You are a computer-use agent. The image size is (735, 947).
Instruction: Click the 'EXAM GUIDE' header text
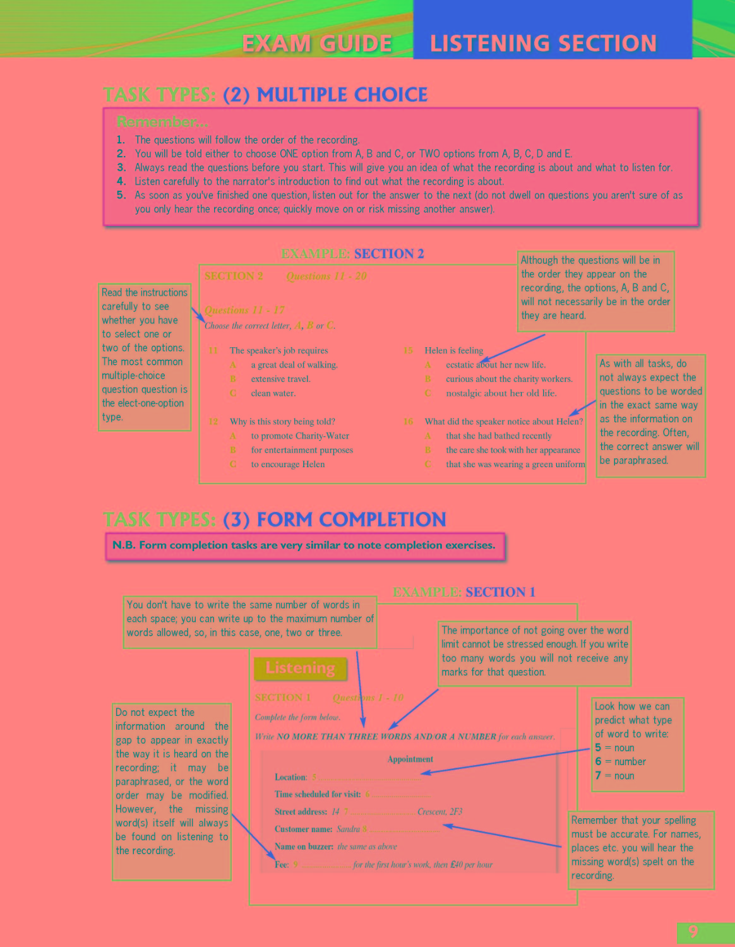click(x=317, y=44)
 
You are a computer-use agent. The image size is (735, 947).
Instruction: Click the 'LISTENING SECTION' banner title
click(x=543, y=44)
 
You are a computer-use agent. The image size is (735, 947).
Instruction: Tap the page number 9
click(x=693, y=932)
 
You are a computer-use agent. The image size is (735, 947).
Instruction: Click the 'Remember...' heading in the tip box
click(x=162, y=122)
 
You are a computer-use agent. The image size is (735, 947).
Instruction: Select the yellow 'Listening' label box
click(x=300, y=668)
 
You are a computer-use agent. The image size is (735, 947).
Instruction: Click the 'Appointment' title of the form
click(x=410, y=759)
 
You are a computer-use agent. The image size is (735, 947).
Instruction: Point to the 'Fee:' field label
click(x=282, y=864)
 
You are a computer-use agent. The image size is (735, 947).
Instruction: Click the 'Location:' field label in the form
click(x=290, y=777)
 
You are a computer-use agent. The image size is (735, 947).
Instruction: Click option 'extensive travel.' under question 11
click(x=280, y=379)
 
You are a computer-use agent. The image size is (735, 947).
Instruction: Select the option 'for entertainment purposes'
click(x=302, y=450)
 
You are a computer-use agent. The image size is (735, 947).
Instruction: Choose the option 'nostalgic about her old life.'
click(x=501, y=393)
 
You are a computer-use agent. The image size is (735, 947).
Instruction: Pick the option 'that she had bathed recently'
click(x=499, y=436)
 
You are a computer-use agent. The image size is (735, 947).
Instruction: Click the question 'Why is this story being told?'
click(x=282, y=421)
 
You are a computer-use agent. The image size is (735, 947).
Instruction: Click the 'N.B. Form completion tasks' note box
click(x=304, y=545)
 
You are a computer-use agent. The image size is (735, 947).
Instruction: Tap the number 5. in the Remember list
click(x=121, y=195)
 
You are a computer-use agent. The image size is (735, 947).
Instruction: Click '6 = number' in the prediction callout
click(x=620, y=761)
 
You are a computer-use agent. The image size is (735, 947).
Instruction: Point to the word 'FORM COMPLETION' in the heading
click(x=351, y=520)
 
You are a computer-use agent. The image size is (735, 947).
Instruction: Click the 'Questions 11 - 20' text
click(x=326, y=276)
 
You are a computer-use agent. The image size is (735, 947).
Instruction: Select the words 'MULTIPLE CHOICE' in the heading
click(x=342, y=95)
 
